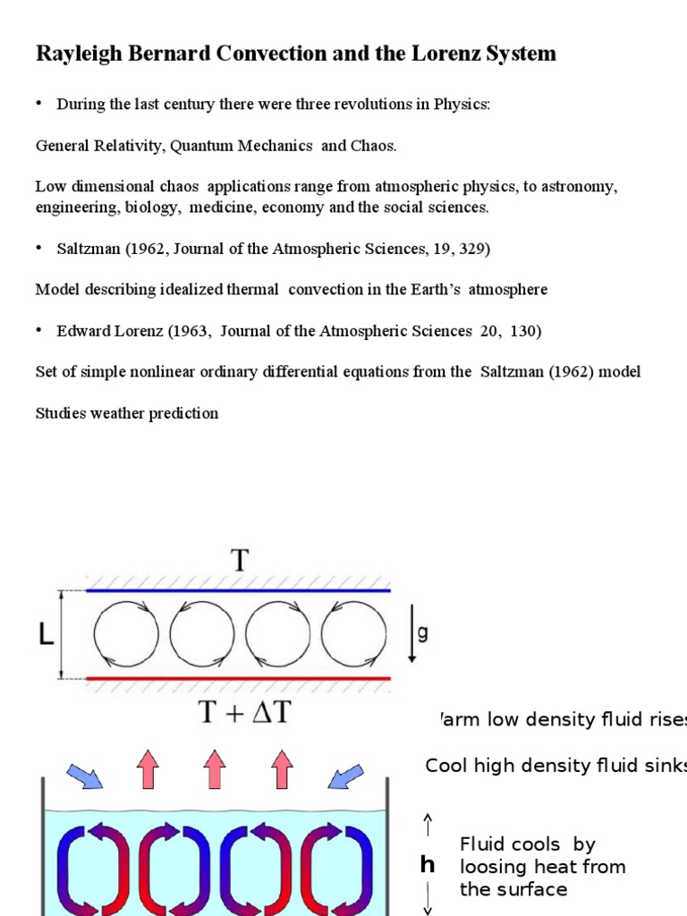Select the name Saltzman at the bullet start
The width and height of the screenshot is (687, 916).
pos(87,249)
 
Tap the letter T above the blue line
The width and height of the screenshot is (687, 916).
pos(239,562)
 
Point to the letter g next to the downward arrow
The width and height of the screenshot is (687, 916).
pos(423,634)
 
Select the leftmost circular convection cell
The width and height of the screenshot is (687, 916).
pos(126,634)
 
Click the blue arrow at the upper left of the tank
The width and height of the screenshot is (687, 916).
pos(85,775)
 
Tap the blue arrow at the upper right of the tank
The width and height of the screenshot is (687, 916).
pos(345,775)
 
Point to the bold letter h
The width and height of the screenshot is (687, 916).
pos(428,864)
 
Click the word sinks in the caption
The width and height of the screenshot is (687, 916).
pos(667,766)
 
